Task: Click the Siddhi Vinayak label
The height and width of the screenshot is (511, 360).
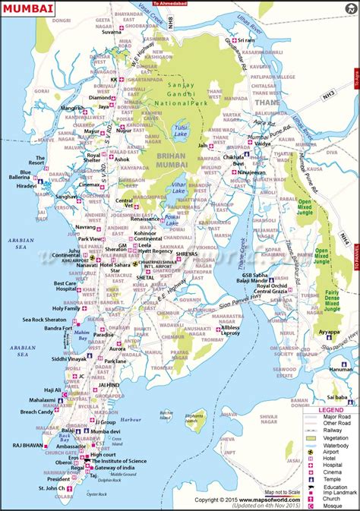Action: click(47, 358)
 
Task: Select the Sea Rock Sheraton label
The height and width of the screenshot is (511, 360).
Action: click(43, 319)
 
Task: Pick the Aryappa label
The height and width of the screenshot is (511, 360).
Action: click(329, 332)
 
